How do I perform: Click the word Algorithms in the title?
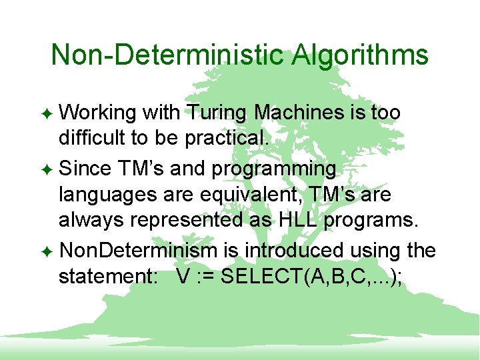point(360,55)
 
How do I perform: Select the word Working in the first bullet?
point(97,113)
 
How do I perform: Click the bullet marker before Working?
point(49,113)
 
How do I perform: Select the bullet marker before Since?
point(49,169)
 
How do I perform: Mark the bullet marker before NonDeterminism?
point(49,251)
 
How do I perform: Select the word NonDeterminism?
point(138,251)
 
